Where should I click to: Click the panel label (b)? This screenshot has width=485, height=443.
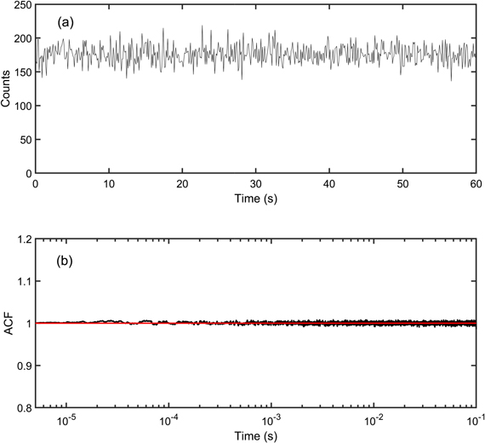66,260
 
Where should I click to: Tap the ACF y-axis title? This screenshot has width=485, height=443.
7,324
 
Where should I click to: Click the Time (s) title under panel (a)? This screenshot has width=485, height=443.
255,198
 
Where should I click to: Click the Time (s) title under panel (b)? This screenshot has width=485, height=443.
255,436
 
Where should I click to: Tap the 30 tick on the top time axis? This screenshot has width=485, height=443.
255,183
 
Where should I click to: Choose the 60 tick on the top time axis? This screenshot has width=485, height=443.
475,183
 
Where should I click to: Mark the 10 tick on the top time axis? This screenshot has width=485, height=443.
108,183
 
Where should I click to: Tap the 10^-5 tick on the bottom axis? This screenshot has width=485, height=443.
66,421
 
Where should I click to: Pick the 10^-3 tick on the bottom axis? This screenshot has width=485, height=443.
271,421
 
